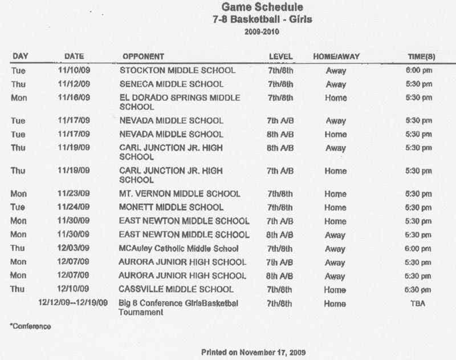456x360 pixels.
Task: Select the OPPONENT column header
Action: click(143, 56)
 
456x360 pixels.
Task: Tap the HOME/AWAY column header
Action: click(335, 56)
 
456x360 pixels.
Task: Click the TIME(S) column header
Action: click(418, 56)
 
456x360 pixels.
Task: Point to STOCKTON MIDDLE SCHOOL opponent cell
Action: click(177, 71)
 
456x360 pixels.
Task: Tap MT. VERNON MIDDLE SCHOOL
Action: click(180, 194)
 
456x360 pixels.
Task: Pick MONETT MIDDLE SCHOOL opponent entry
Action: click(172, 208)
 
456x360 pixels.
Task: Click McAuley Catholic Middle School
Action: click(178, 249)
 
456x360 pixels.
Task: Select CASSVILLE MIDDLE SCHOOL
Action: click(176, 289)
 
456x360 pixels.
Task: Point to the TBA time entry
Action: click(418, 304)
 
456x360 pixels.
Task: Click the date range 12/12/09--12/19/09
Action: click(73, 304)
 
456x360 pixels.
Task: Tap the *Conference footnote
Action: click(30, 327)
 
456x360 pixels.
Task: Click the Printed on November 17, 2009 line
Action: click(251, 352)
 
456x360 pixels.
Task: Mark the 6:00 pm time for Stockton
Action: click(418, 71)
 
